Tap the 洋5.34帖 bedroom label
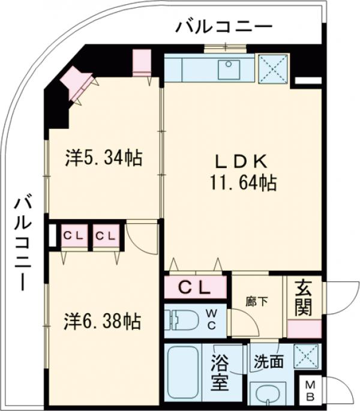pos(103,158)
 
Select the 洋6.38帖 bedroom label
pos(103,322)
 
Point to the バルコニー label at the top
pos(224,26)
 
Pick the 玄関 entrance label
pos(303,299)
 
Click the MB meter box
pos(310,390)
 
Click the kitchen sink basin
pos(229,69)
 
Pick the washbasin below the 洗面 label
pos(268,392)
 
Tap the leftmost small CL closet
pos(73,235)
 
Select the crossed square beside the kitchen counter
pos(272,68)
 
